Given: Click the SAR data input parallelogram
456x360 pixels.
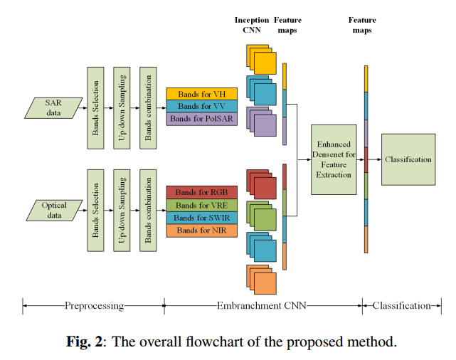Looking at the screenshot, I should click(x=55, y=107).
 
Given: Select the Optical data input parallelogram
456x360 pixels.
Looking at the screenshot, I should click(x=55, y=210).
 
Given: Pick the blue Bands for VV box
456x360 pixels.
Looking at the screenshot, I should click(x=201, y=107).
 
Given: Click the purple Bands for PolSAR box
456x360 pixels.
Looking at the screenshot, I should click(x=201, y=120).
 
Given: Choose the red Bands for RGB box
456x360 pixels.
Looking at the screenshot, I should click(x=201, y=192).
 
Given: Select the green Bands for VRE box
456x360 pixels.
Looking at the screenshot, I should click(x=201, y=205).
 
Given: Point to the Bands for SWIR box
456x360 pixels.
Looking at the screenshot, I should click(x=201, y=218).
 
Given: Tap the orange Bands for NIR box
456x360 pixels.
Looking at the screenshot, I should click(x=201, y=231).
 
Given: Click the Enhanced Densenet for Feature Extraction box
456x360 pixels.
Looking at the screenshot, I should click(x=334, y=159).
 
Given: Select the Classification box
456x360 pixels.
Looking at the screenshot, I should click(x=408, y=159).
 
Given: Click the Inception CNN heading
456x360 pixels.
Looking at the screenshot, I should click(x=252, y=25).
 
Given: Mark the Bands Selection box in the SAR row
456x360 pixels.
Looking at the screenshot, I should click(x=95, y=108).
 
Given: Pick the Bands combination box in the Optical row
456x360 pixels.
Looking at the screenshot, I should click(x=148, y=210).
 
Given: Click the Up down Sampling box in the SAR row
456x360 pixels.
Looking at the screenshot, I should click(x=122, y=108).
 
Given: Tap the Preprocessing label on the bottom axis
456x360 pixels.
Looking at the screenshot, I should click(x=95, y=306).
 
